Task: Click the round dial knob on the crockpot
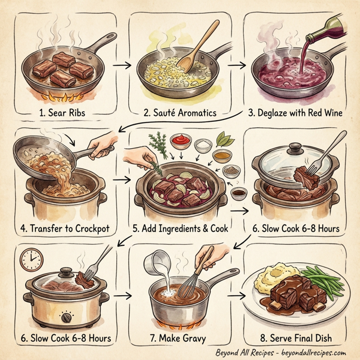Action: [67, 314]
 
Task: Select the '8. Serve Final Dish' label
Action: [298, 338]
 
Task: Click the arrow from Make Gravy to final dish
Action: [238, 295]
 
